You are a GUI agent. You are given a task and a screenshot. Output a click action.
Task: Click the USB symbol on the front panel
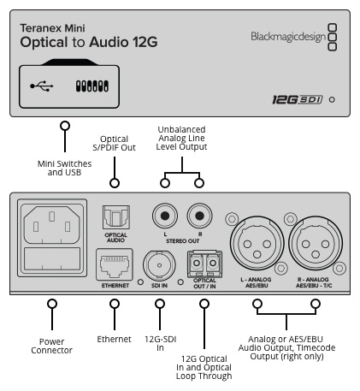42,86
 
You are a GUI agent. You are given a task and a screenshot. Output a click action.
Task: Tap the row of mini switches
92,86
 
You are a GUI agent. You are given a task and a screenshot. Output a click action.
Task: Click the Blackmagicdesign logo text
288,37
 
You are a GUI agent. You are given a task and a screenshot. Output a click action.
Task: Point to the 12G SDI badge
298,99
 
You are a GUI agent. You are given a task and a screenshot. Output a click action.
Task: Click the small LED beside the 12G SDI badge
332,99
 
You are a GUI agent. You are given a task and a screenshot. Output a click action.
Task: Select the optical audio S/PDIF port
116,217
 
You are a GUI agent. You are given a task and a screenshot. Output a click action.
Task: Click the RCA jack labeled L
165,216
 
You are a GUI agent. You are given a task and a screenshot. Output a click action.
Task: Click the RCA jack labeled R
199,216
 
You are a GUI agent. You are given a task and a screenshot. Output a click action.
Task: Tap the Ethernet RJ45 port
115,265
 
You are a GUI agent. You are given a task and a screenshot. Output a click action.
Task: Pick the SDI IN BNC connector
159,265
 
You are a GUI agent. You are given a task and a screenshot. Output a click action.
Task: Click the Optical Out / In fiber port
204,264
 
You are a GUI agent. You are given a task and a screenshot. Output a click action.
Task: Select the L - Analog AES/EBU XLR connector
257,243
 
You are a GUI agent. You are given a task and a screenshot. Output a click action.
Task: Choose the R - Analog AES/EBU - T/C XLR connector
316,243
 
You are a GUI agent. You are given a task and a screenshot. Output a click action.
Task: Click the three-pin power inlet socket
51,225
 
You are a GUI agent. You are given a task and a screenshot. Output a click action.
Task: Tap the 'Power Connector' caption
51,346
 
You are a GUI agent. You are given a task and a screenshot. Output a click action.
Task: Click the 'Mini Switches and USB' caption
65,168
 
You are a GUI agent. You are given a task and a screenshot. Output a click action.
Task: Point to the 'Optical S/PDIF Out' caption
114,143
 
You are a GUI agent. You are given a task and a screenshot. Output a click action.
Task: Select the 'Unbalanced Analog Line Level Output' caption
181,138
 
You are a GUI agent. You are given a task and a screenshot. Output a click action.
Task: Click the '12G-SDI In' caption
161,343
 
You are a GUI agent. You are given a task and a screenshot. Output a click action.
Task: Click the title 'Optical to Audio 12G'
89,42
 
